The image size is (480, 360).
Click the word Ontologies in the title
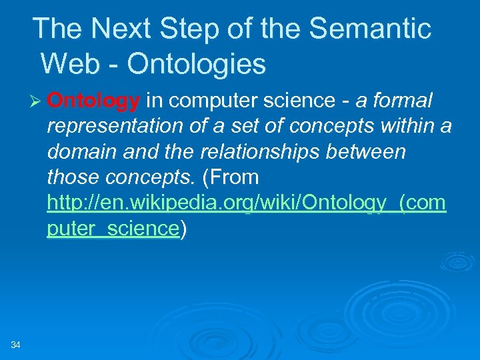pos(196,64)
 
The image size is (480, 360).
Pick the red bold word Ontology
pos(94,101)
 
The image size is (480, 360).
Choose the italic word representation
pos(115,127)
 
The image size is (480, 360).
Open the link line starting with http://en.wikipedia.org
pos(246,203)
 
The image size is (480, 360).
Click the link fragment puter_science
pos(113,229)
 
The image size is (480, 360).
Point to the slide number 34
pos(16,344)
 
